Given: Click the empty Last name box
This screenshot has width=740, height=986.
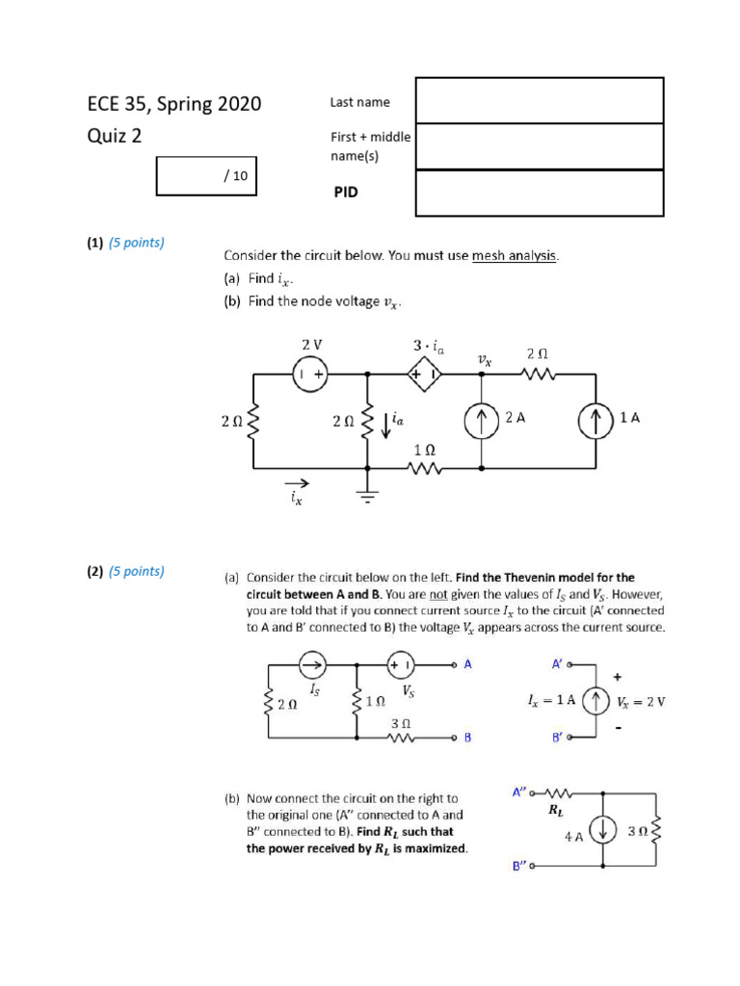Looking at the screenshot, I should click(540, 100).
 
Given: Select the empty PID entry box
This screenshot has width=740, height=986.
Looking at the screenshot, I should click(540, 193).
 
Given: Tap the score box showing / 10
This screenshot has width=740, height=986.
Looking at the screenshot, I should click(206, 176).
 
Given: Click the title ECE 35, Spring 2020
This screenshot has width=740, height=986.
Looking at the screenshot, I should click(173, 104).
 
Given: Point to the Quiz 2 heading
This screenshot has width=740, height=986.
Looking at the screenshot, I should click(115, 136).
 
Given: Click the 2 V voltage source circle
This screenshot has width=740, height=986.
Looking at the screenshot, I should click(311, 374).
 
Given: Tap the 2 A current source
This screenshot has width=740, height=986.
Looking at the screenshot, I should click(480, 421).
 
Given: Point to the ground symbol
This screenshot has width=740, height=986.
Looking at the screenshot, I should click(367, 494).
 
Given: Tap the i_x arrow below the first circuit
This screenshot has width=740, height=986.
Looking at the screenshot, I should click(298, 483).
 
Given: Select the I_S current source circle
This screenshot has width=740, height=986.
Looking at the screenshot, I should click(312, 665).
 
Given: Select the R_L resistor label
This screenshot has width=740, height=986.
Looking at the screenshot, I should click(555, 811).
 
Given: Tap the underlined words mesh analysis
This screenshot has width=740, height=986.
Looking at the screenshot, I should click(515, 255).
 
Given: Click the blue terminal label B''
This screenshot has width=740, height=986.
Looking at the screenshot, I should click(519, 866).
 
